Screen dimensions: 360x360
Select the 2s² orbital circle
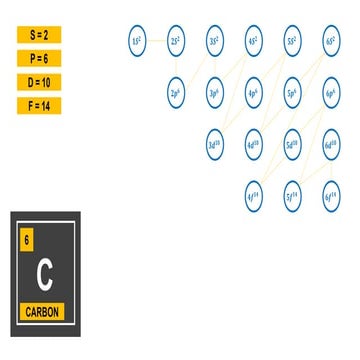click(x=176, y=41)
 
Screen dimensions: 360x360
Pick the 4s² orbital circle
click(x=254, y=41)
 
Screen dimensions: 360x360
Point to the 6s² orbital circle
click(x=331, y=41)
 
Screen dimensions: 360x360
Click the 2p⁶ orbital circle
click(x=176, y=92)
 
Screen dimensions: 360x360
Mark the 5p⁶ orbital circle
click(x=292, y=92)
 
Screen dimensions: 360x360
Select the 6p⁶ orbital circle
click(x=331, y=92)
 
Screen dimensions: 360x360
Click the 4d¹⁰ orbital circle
click(x=254, y=143)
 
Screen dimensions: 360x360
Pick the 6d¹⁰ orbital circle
click(x=331, y=143)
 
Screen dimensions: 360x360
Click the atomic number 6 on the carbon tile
click(x=27, y=241)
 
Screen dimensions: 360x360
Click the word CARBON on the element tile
click(x=42, y=312)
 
